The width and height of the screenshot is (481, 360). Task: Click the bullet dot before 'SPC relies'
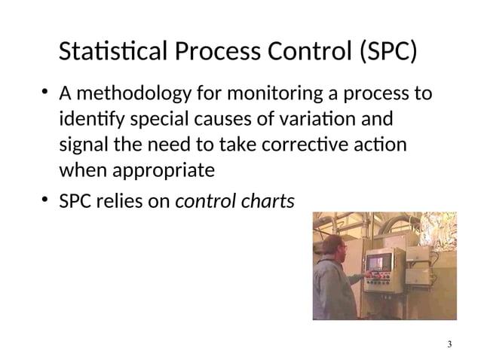46,200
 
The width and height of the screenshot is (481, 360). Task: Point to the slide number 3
449,344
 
